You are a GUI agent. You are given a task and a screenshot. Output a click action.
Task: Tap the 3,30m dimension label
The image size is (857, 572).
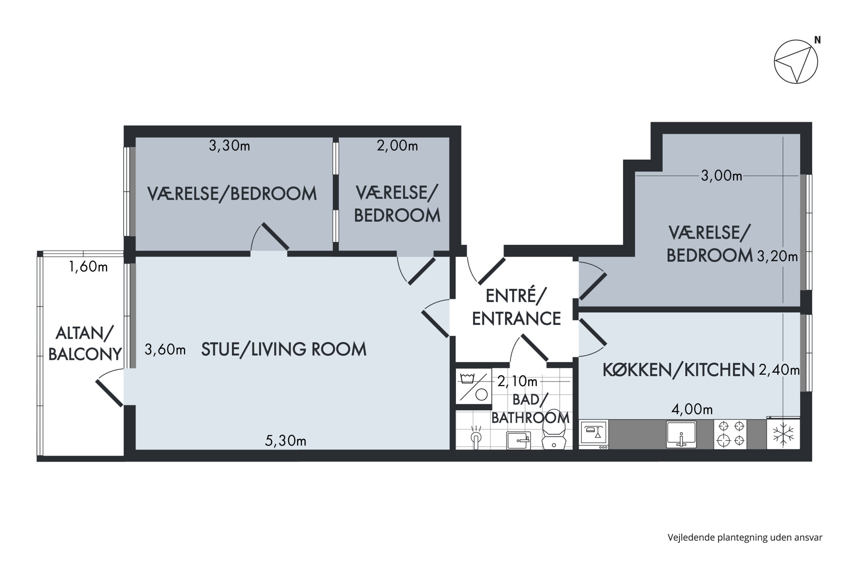coord(229,146)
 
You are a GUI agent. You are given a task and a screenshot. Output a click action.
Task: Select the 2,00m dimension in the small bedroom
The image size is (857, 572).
coord(397,146)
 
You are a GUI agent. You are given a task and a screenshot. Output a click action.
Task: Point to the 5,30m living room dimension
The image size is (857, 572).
coord(285,441)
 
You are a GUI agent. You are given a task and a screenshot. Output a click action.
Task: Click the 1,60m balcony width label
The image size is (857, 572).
coord(88,267)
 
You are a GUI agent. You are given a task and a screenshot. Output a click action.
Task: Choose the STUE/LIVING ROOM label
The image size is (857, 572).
coord(284,349)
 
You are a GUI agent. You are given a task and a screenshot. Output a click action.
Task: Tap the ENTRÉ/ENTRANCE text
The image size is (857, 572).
coord(516,307)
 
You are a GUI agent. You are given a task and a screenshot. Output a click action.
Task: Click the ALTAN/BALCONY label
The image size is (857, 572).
coord(85,344)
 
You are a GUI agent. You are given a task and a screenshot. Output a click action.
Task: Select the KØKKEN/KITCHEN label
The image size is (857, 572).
coord(679,370)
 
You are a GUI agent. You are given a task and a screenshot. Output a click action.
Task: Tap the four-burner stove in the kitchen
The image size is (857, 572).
coord(730,434)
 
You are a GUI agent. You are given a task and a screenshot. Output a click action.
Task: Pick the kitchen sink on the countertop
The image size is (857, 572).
coord(681,434)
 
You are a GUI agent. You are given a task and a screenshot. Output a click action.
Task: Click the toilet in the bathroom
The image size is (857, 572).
coord(553,430)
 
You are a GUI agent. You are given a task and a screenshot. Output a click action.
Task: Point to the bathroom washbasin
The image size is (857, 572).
coord(518,440)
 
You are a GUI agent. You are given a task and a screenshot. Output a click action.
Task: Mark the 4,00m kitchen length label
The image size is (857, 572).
coord(692,410)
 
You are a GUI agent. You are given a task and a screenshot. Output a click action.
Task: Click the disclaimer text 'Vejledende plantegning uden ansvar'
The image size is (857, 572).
coord(745,538)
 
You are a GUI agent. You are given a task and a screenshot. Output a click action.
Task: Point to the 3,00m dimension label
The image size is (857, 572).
coord(721,176)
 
